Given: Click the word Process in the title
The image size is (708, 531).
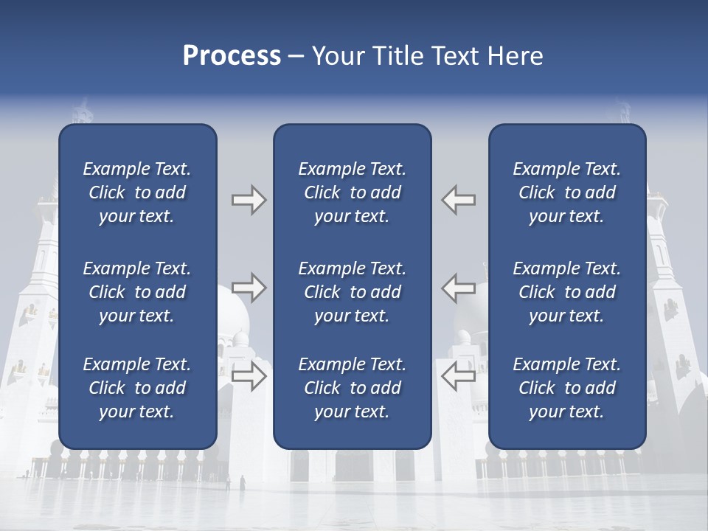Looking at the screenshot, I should point(232,56).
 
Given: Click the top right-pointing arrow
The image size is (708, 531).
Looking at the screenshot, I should point(249,200).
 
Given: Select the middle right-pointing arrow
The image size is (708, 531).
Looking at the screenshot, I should point(249,288).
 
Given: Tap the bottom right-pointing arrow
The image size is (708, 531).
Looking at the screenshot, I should point(249,376).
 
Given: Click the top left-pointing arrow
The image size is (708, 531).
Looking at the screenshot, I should point(458,200).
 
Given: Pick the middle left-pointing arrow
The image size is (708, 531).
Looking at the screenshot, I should point(458,288).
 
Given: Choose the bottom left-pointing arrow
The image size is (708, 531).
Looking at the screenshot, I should point(458,376).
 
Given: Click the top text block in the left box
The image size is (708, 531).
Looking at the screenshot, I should point(137,192).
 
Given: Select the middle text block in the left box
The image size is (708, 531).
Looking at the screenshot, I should point(137,292).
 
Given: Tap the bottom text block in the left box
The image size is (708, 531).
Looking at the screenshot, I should point(137,388).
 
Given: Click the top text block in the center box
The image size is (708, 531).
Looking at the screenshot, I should point(353,192).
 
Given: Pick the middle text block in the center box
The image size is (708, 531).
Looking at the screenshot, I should point(353,292).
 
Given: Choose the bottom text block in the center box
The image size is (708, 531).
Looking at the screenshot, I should point(353,388).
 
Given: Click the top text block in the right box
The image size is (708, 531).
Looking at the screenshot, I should point(567,192).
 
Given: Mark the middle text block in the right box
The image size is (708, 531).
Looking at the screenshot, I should point(567,292).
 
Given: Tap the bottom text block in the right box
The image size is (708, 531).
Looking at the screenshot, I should point(567,388).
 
